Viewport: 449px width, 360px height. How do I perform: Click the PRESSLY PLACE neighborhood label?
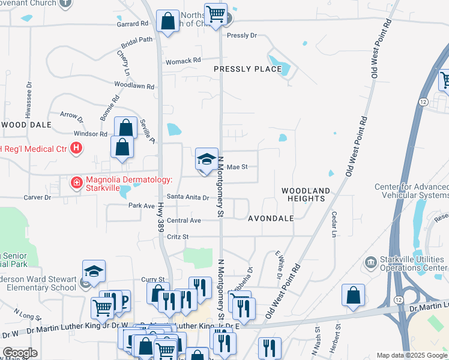point(248,69)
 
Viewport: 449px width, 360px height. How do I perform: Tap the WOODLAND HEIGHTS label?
point(306,194)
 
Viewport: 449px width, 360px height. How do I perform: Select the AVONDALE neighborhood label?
point(271,218)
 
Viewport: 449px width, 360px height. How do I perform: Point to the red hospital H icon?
point(76,148)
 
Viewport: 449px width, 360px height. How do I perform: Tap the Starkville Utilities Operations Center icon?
point(370,262)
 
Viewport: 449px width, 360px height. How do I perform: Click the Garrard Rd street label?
point(133,24)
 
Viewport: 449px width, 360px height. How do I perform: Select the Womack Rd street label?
point(184,61)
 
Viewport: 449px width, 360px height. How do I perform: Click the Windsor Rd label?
point(90,133)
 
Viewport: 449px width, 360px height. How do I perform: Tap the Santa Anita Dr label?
point(188,197)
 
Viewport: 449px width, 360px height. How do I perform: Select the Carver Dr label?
point(38,197)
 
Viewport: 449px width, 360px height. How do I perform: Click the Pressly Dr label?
point(242,35)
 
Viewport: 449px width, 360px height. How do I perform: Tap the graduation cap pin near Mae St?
point(206,160)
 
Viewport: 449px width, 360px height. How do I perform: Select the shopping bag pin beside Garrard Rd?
point(168,22)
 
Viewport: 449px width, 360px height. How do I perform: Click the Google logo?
point(20,353)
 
